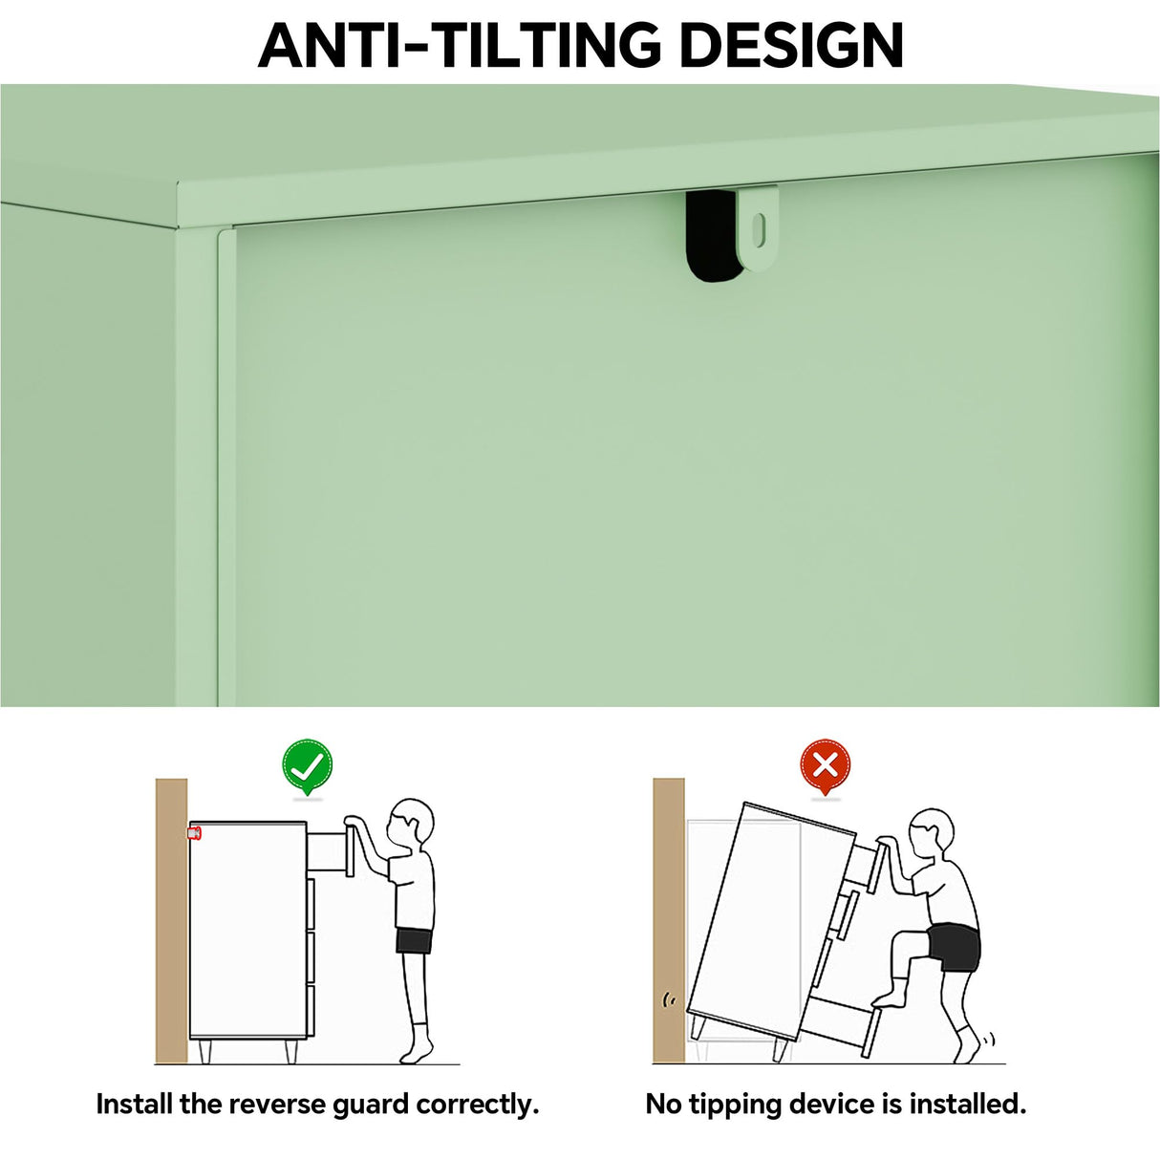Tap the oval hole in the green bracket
(x=759, y=226)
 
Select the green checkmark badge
(x=307, y=764)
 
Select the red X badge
(x=825, y=764)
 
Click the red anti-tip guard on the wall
(x=195, y=833)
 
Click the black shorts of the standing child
(x=414, y=940)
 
